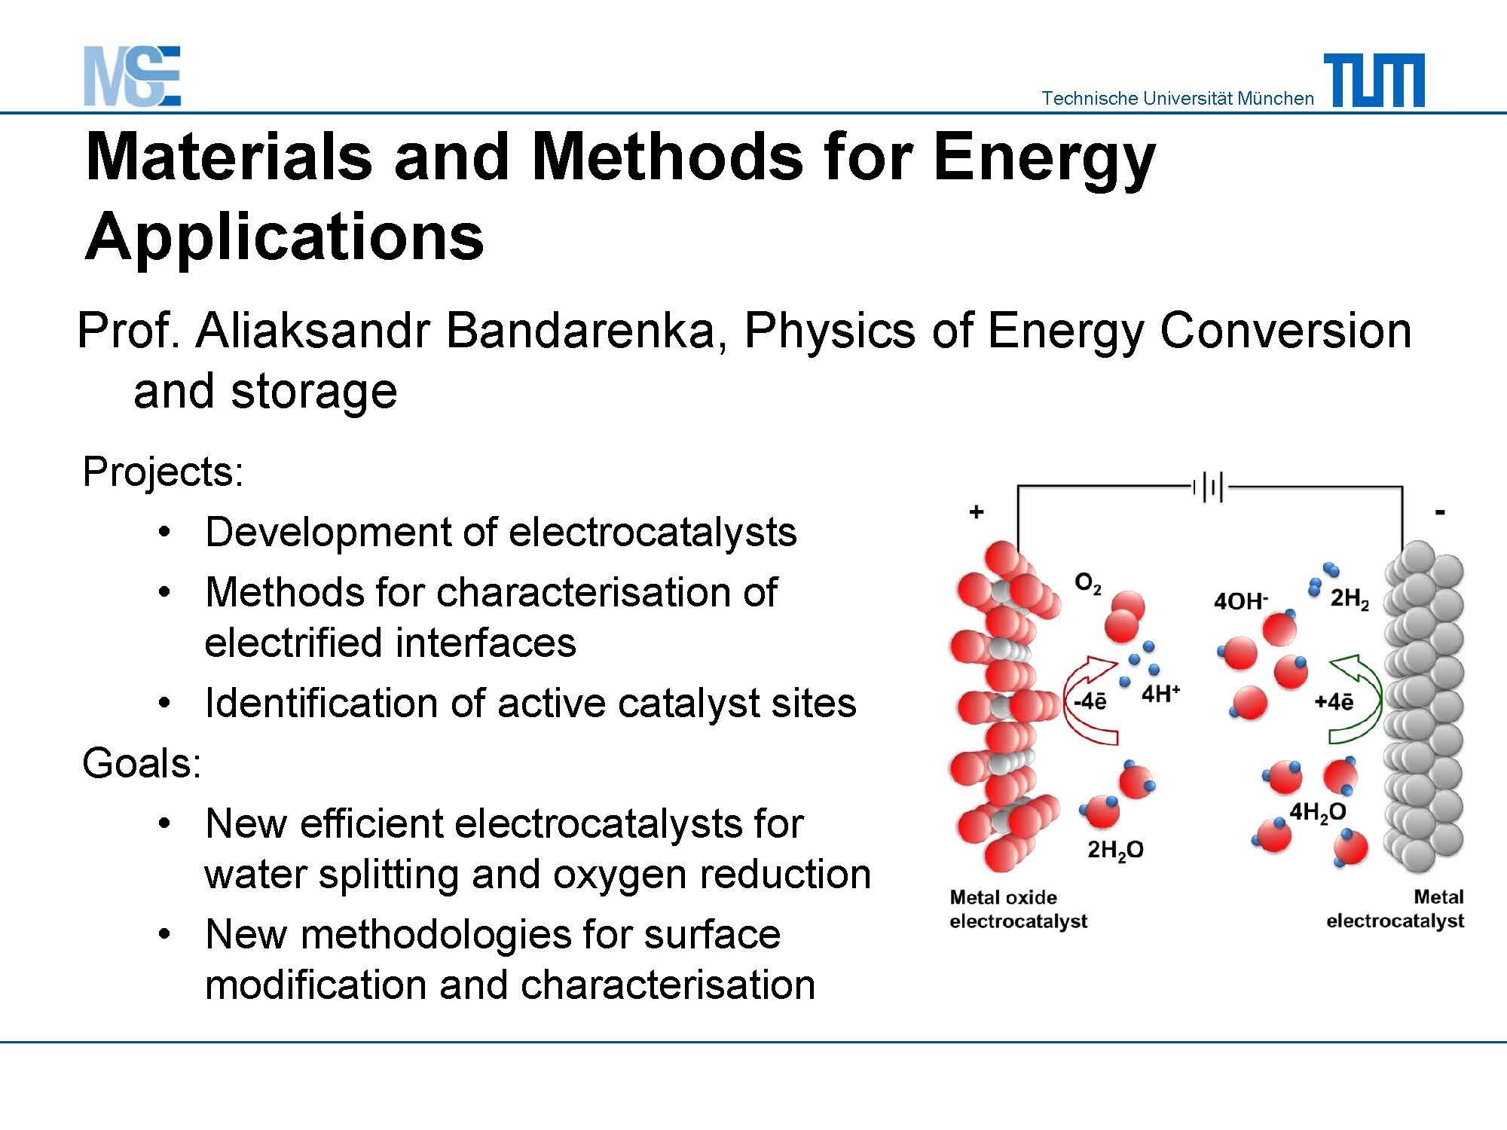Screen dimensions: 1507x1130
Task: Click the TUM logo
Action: click(1374, 80)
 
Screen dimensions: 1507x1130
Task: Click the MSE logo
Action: click(133, 76)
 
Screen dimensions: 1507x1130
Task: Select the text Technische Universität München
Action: click(1178, 98)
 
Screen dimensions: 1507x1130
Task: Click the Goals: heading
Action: click(142, 762)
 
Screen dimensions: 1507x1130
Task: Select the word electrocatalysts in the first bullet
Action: click(653, 532)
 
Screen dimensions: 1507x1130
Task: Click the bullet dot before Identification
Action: click(165, 704)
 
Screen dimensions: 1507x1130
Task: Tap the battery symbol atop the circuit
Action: click(1209, 487)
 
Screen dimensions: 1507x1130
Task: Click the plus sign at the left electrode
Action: click(977, 512)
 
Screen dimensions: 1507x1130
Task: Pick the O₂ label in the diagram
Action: click(1087, 583)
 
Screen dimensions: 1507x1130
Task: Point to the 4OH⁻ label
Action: click(1241, 600)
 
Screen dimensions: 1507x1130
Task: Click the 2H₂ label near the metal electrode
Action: click(1350, 600)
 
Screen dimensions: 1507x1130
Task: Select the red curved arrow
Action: click(1085, 699)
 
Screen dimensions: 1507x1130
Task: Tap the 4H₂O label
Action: click(1318, 813)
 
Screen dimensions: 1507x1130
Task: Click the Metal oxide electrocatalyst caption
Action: click(1018, 909)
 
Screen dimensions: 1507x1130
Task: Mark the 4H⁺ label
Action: click(1160, 693)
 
